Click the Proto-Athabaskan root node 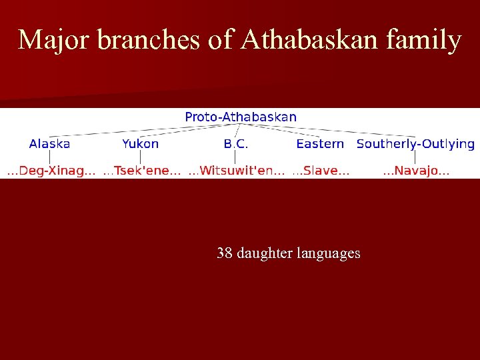point(241,117)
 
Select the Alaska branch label point(50,143)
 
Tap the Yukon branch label point(140,143)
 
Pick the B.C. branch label point(236,143)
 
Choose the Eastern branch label point(320,143)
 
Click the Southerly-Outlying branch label point(415,143)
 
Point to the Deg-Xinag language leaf point(51,171)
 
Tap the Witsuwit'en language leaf point(237,171)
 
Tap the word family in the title point(427,41)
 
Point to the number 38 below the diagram point(225,253)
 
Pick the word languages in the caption point(329,253)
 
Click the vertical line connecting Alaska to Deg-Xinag point(50,157)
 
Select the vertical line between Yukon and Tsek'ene point(140,157)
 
